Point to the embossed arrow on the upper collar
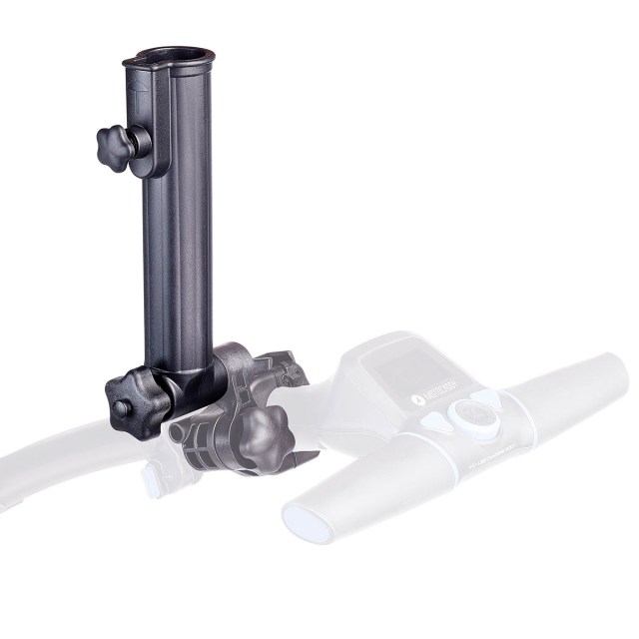coord(136,97)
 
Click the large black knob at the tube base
coord(130,396)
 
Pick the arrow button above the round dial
coord(482,396)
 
